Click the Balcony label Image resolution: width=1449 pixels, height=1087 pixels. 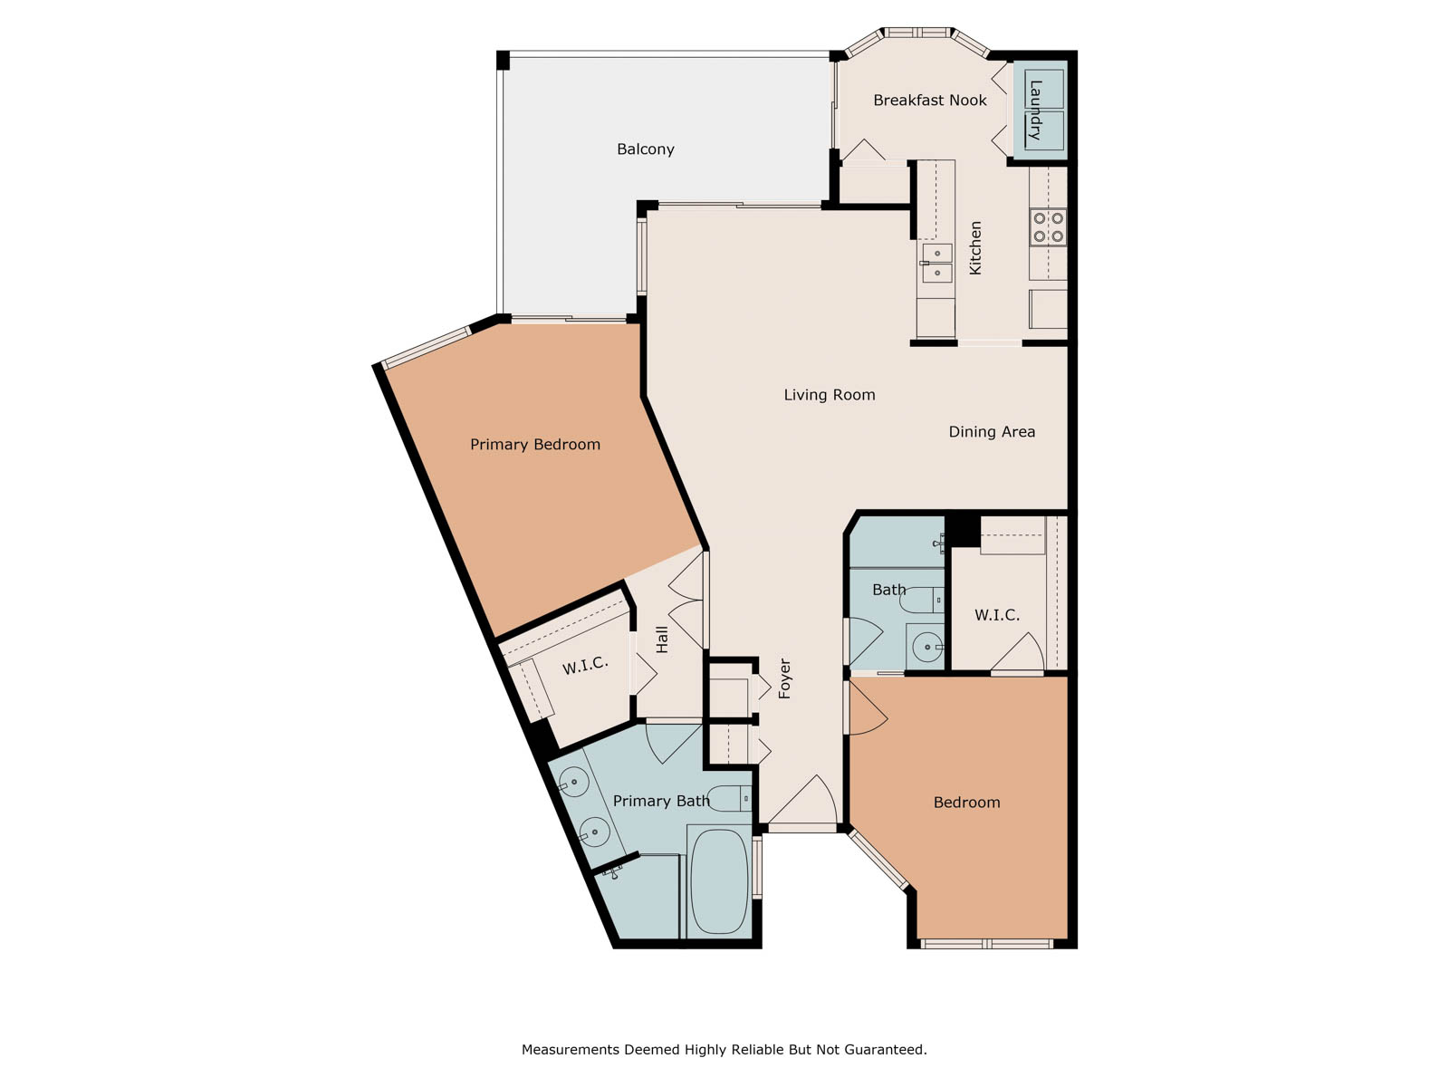point(645,149)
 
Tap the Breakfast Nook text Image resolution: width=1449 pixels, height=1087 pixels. point(929,101)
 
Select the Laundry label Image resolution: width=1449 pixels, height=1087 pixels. point(1035,110)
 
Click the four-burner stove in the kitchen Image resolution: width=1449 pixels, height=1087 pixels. point(1048,227)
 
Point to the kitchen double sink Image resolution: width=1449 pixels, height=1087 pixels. point(936,263)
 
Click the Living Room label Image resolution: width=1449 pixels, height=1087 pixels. point(830,395)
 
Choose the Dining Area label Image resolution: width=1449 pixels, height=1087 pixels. point(992,432)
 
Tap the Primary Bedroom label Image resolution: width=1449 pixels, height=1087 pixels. point(534,445)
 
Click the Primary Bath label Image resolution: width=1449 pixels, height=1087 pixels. point(661,802)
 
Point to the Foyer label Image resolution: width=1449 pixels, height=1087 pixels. point(784,678)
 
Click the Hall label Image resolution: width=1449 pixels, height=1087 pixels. point(662,640)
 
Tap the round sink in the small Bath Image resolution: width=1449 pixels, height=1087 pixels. point(927,648)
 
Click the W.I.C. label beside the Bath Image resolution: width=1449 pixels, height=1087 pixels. point(997,615)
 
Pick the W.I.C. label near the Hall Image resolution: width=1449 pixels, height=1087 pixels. point(585,665)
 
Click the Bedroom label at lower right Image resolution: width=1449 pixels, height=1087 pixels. point(966,803)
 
